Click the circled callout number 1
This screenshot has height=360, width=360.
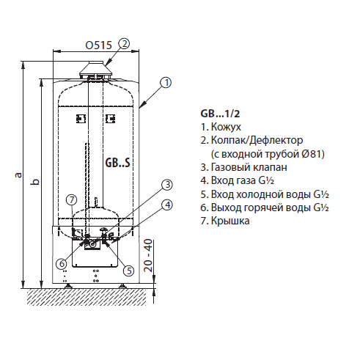coord(166,83)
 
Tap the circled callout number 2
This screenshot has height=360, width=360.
coord(124,44)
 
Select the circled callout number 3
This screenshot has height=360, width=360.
coord(167,185)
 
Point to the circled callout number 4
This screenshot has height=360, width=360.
coord(167,205)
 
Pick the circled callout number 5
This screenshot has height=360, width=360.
coord(128,271)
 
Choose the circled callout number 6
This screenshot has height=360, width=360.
coord(62,263)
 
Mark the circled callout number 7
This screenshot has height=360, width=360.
coord(71,200)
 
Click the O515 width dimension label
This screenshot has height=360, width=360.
coord(98,45)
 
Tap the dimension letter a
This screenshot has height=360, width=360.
coord(18,175)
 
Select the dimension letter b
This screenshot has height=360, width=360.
coord(35,182)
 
